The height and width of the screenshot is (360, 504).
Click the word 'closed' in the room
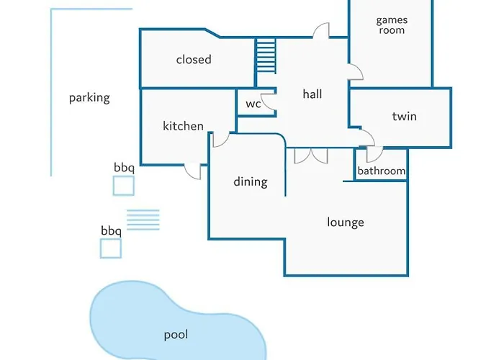tap(194, 60)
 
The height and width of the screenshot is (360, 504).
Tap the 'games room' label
tap(391, 25)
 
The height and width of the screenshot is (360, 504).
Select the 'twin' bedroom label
tap(404, 117)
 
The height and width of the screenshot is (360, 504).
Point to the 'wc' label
tap(253, 104)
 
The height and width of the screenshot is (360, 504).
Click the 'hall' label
tap(312, 94)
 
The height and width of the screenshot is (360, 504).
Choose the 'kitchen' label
tap(183, 126)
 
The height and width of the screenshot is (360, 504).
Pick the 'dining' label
tap(250, 182)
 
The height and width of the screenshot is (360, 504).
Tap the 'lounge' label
tap(346, 222)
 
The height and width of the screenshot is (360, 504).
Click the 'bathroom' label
tap(382, 171)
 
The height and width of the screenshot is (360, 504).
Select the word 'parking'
tap(89, 98)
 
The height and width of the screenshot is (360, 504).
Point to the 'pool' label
tap(176, 335)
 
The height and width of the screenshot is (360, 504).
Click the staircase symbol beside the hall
tap(266, 56)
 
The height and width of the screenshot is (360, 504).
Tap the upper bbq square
tap(123, 186)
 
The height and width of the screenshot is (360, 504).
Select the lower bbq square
tap(110, 248)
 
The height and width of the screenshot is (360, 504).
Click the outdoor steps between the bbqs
tap(143, 220)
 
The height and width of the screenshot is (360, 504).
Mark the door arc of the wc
tap(268, 103)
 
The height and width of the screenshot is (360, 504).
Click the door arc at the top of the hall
tap(321, 30)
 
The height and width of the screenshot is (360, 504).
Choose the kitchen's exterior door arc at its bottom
tap(193, 171)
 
